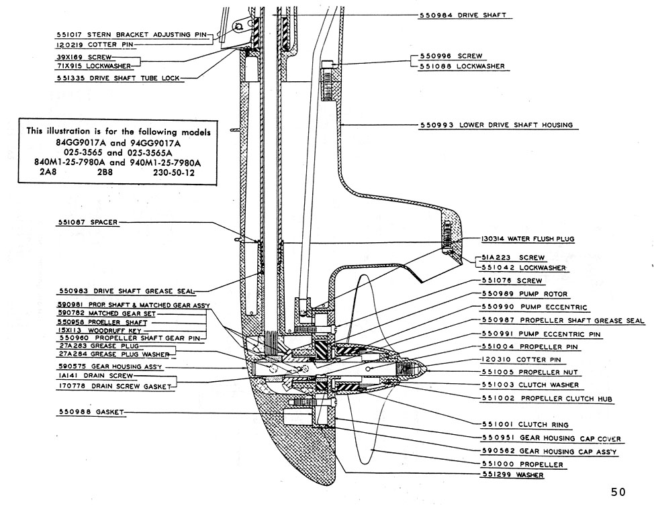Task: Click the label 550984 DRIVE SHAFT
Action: (463, 15)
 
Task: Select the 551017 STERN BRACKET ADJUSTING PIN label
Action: (132, 32)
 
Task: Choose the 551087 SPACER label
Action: (87, 222)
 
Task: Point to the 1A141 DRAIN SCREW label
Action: (97, 377)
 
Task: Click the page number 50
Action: (618, 492)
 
